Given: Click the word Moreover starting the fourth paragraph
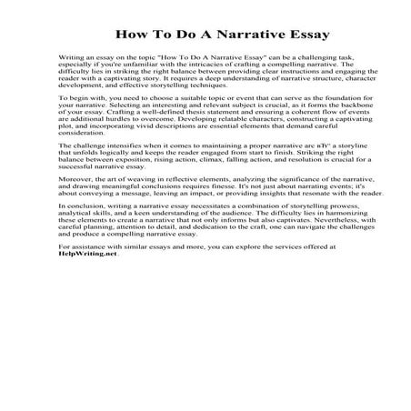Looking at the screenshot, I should pyautogui.click(x=74, y=206).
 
